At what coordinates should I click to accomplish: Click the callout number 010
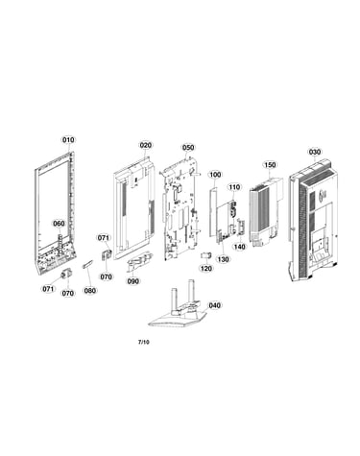[x=68, y=140]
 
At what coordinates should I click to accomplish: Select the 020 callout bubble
[x=145, y=145]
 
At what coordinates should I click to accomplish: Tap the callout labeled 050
[x=188, y=148]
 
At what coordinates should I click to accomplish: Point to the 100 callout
[x=215, y=175]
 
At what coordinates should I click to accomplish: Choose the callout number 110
[x=234, y=187]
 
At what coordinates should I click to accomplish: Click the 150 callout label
[x=270, y=165]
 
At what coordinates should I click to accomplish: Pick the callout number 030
[x=315, y=152]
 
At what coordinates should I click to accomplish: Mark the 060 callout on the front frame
[x=59, y=224]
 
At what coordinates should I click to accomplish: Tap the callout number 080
[x=90, y=291]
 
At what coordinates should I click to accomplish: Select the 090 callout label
[x=133, y=281]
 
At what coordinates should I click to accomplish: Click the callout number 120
[x=206, y=268]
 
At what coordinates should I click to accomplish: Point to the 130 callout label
[x=224, y=259]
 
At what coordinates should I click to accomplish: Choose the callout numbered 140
[x=239, y=247]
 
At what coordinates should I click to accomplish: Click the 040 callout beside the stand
[x=214, y=305]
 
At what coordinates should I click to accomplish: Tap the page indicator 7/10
[x=143, y=342]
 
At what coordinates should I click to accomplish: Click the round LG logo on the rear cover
[x=324, y=194]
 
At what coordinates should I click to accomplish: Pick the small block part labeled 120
[x=206, y=255]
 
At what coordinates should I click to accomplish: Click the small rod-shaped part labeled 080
[x=87, y=265]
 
